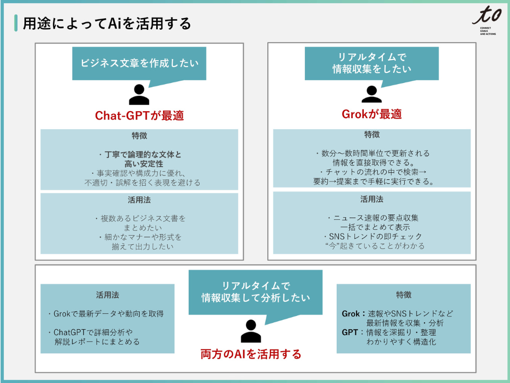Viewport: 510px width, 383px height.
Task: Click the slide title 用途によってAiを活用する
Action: click(107, 24)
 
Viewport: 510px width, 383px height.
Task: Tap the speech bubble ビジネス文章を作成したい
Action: click(139, 63)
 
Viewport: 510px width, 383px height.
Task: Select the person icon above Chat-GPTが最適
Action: click(139, 95)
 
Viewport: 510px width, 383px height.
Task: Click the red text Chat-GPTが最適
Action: click(139, 115)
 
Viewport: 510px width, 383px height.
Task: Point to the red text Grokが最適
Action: click(371, 114)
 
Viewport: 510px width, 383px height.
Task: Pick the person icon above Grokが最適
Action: click(371, 94)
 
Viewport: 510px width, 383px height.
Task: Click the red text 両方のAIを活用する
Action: click(251, 354)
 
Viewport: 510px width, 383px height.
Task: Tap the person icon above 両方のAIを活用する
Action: click(251, 331)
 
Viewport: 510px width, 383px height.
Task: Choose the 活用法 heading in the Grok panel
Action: click(371, 199)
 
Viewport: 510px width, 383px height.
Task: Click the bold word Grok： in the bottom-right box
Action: click(353, 313)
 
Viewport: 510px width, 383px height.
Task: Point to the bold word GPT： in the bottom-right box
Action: click(352, 332)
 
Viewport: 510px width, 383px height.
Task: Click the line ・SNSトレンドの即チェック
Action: click(372, 236)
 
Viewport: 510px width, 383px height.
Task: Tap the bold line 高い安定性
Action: click(139, 164)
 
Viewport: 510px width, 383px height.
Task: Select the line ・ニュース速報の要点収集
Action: click(372, 218)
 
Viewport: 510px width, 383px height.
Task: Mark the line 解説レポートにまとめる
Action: click(97, 342)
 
